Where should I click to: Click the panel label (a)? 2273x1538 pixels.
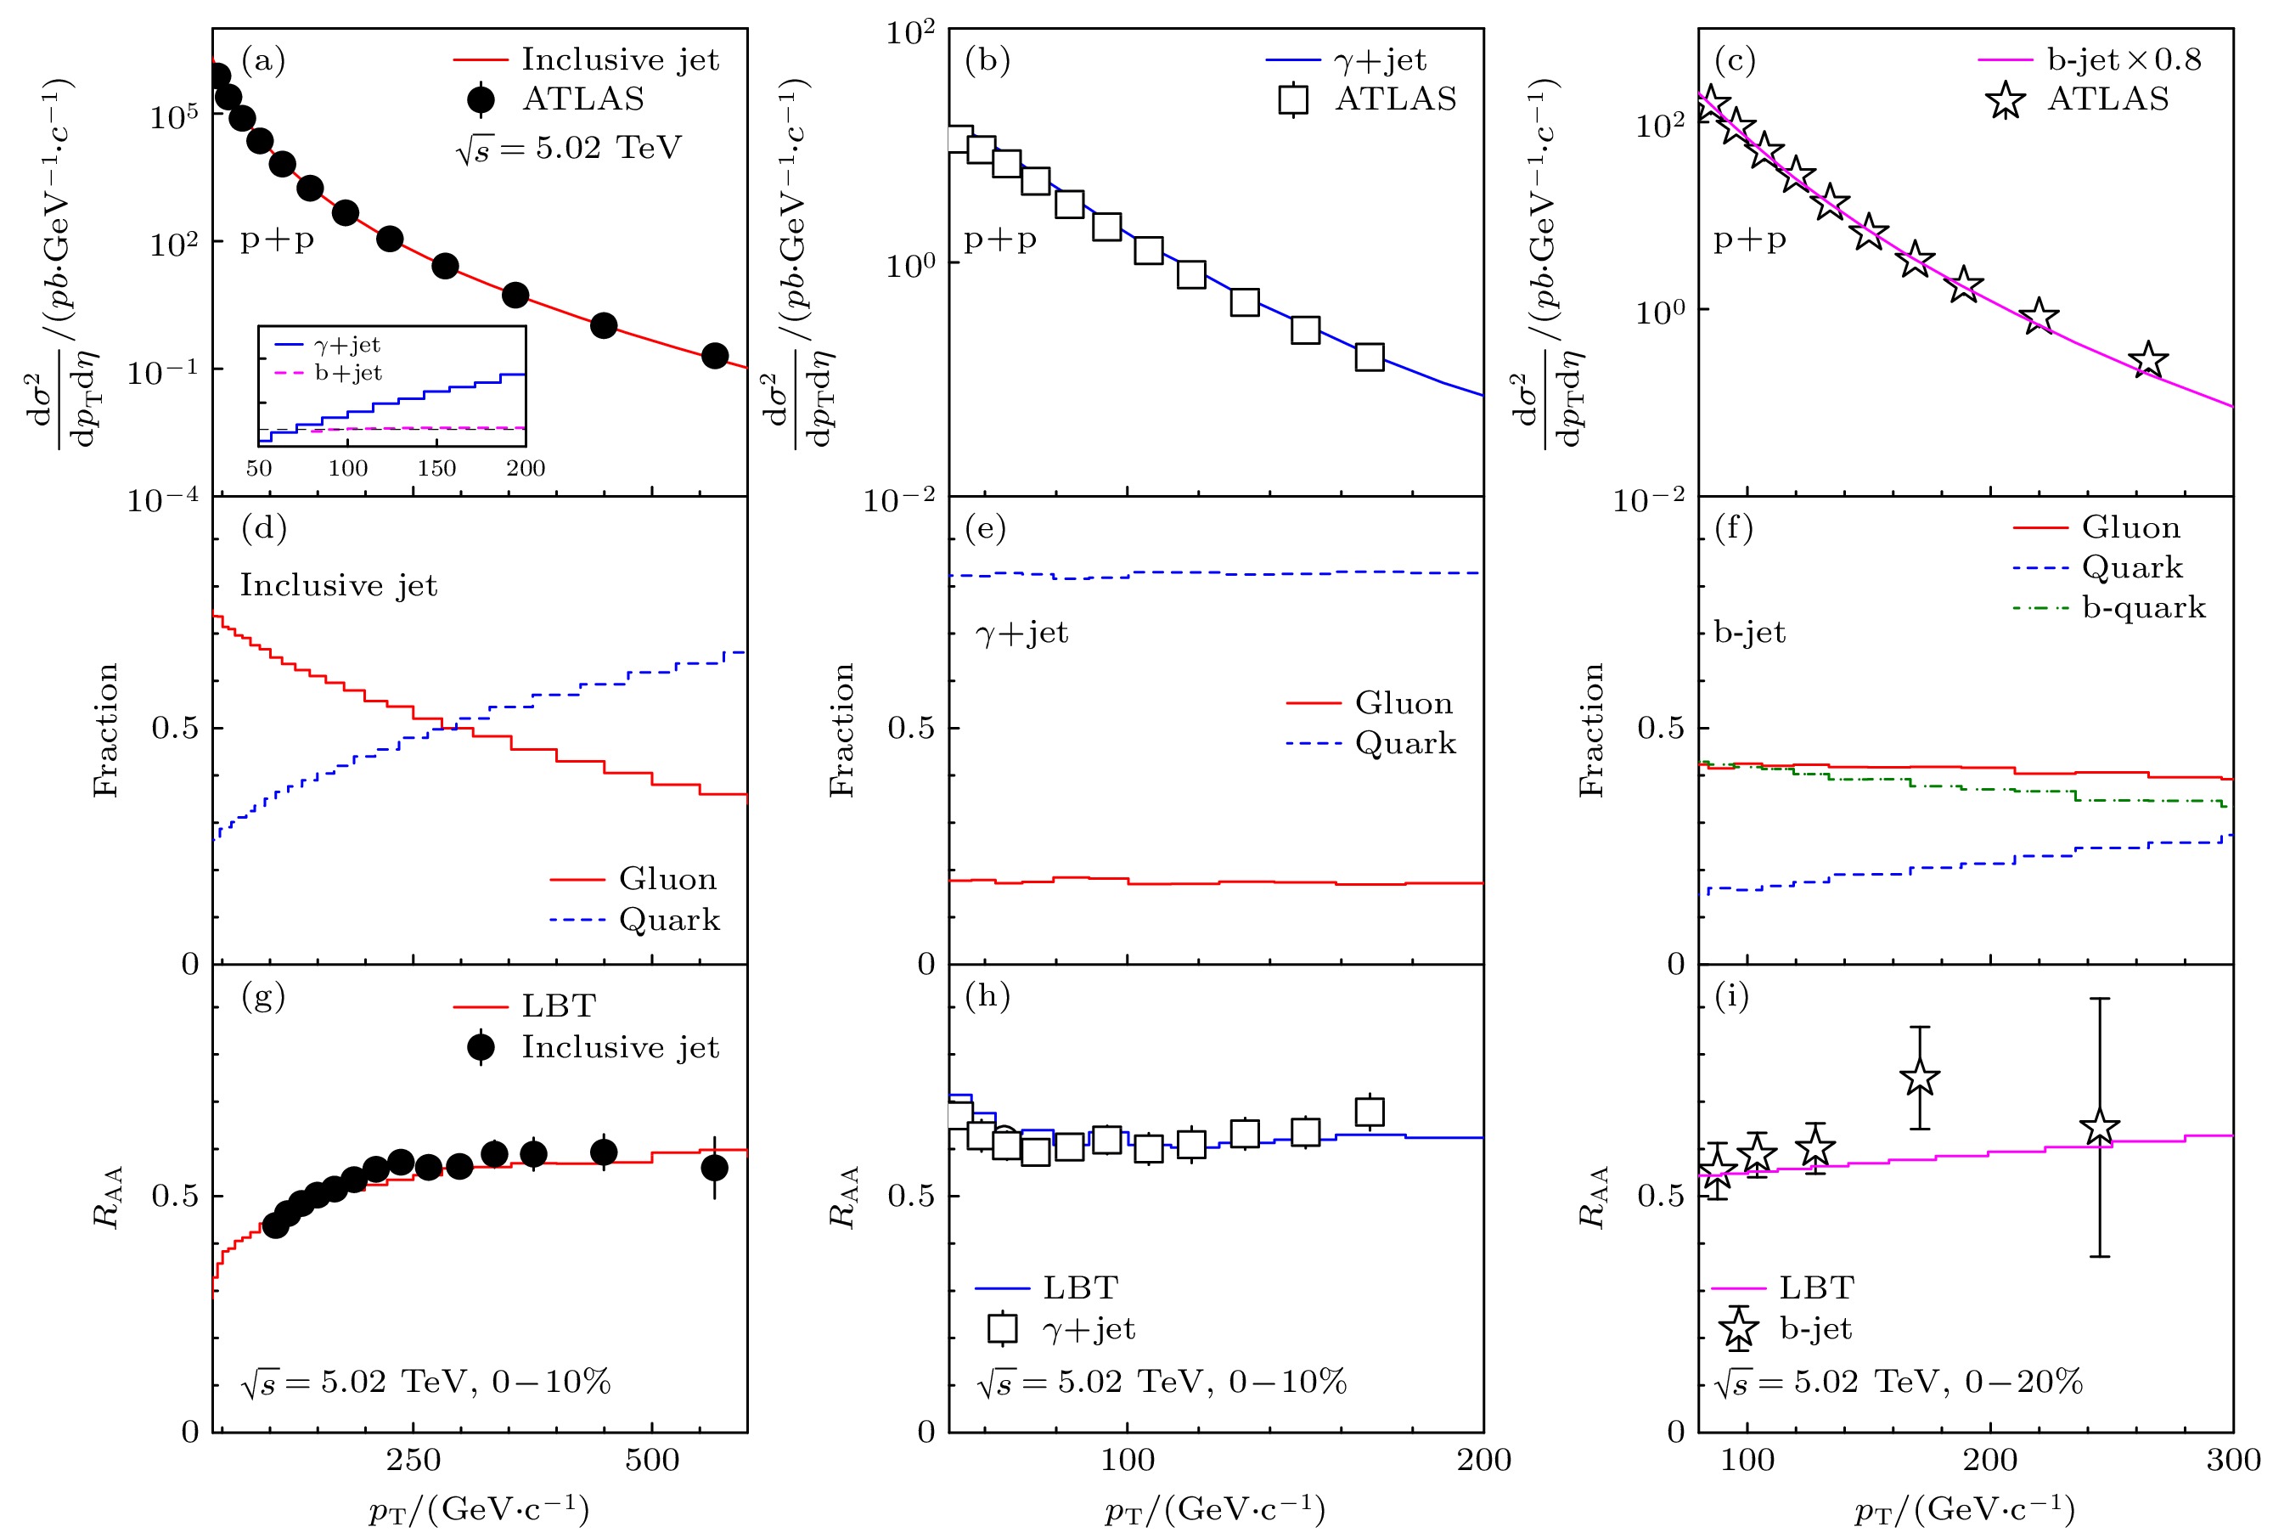click(x=263, y=60)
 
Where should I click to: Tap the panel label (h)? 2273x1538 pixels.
click(x=987, y=996)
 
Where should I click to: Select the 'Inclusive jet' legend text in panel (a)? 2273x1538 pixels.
click(x=620, y=59)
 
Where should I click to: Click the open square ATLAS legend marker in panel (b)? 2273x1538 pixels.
click(x=1293, y=100)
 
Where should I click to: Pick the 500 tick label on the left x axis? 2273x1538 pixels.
click(x=652, y=1461)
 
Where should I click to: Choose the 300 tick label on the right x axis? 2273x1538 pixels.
click(x=2233, y=1461)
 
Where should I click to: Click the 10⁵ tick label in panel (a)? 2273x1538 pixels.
click(x=174, y=117)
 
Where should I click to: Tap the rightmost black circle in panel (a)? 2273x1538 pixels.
click(x=715, y=356)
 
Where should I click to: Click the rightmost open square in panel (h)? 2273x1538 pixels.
click(x=1370, y=1113)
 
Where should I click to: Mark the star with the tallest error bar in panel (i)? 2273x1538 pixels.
click(x=2100, y=1127)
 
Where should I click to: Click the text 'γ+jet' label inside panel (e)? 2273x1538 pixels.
click(x=1022, y=633)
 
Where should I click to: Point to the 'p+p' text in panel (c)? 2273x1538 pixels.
click(x=1750, y=239)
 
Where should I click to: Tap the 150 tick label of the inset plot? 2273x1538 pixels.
click(x=436, y=468)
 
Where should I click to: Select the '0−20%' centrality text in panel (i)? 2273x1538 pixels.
click(x=2023, y=1382)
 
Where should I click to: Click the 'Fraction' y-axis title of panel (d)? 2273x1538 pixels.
click(x=105, y=730)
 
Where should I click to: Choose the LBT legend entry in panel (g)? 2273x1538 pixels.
click(x=559, y=1006)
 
